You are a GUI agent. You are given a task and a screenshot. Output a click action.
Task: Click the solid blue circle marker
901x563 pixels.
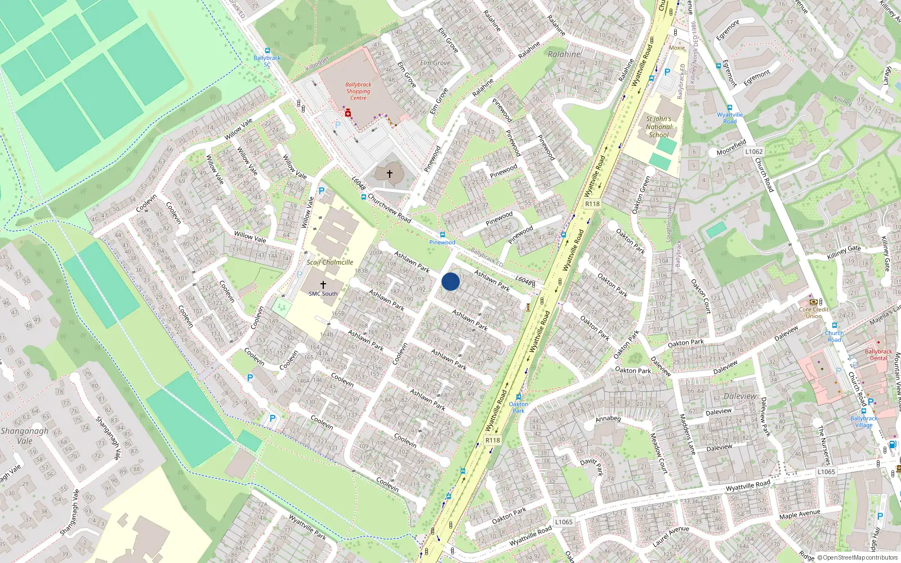(450, 281)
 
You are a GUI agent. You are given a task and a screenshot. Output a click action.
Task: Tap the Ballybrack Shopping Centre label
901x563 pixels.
(358, 91)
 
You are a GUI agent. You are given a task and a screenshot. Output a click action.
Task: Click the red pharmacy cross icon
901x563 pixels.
(348, 114)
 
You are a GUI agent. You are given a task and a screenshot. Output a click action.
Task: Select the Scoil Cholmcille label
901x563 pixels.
(330, 262)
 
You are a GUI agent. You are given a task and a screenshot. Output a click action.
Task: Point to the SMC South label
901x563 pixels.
(323, 293)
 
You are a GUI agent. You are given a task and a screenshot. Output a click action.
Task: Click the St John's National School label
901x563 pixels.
(659, 127)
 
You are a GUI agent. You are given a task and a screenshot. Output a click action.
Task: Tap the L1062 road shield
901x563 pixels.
(753, 151)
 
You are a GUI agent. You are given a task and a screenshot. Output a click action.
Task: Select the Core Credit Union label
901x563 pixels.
(813, 312)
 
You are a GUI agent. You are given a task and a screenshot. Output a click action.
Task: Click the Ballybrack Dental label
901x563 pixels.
(878, 355)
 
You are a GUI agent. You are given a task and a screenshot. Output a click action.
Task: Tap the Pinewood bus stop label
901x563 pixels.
(442, 242)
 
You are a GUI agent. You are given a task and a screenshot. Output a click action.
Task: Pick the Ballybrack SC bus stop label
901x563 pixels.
(267, 61)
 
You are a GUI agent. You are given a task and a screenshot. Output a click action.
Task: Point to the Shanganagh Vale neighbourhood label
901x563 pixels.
(24, 436)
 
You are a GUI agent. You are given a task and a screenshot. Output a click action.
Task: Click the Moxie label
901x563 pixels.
(677, 48)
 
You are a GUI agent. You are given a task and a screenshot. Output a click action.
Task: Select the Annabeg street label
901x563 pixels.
(608, 419)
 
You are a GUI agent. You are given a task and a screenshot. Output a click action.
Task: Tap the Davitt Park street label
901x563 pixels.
(592, 467)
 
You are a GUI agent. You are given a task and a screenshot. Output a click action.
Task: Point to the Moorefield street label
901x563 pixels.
(731, 148)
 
